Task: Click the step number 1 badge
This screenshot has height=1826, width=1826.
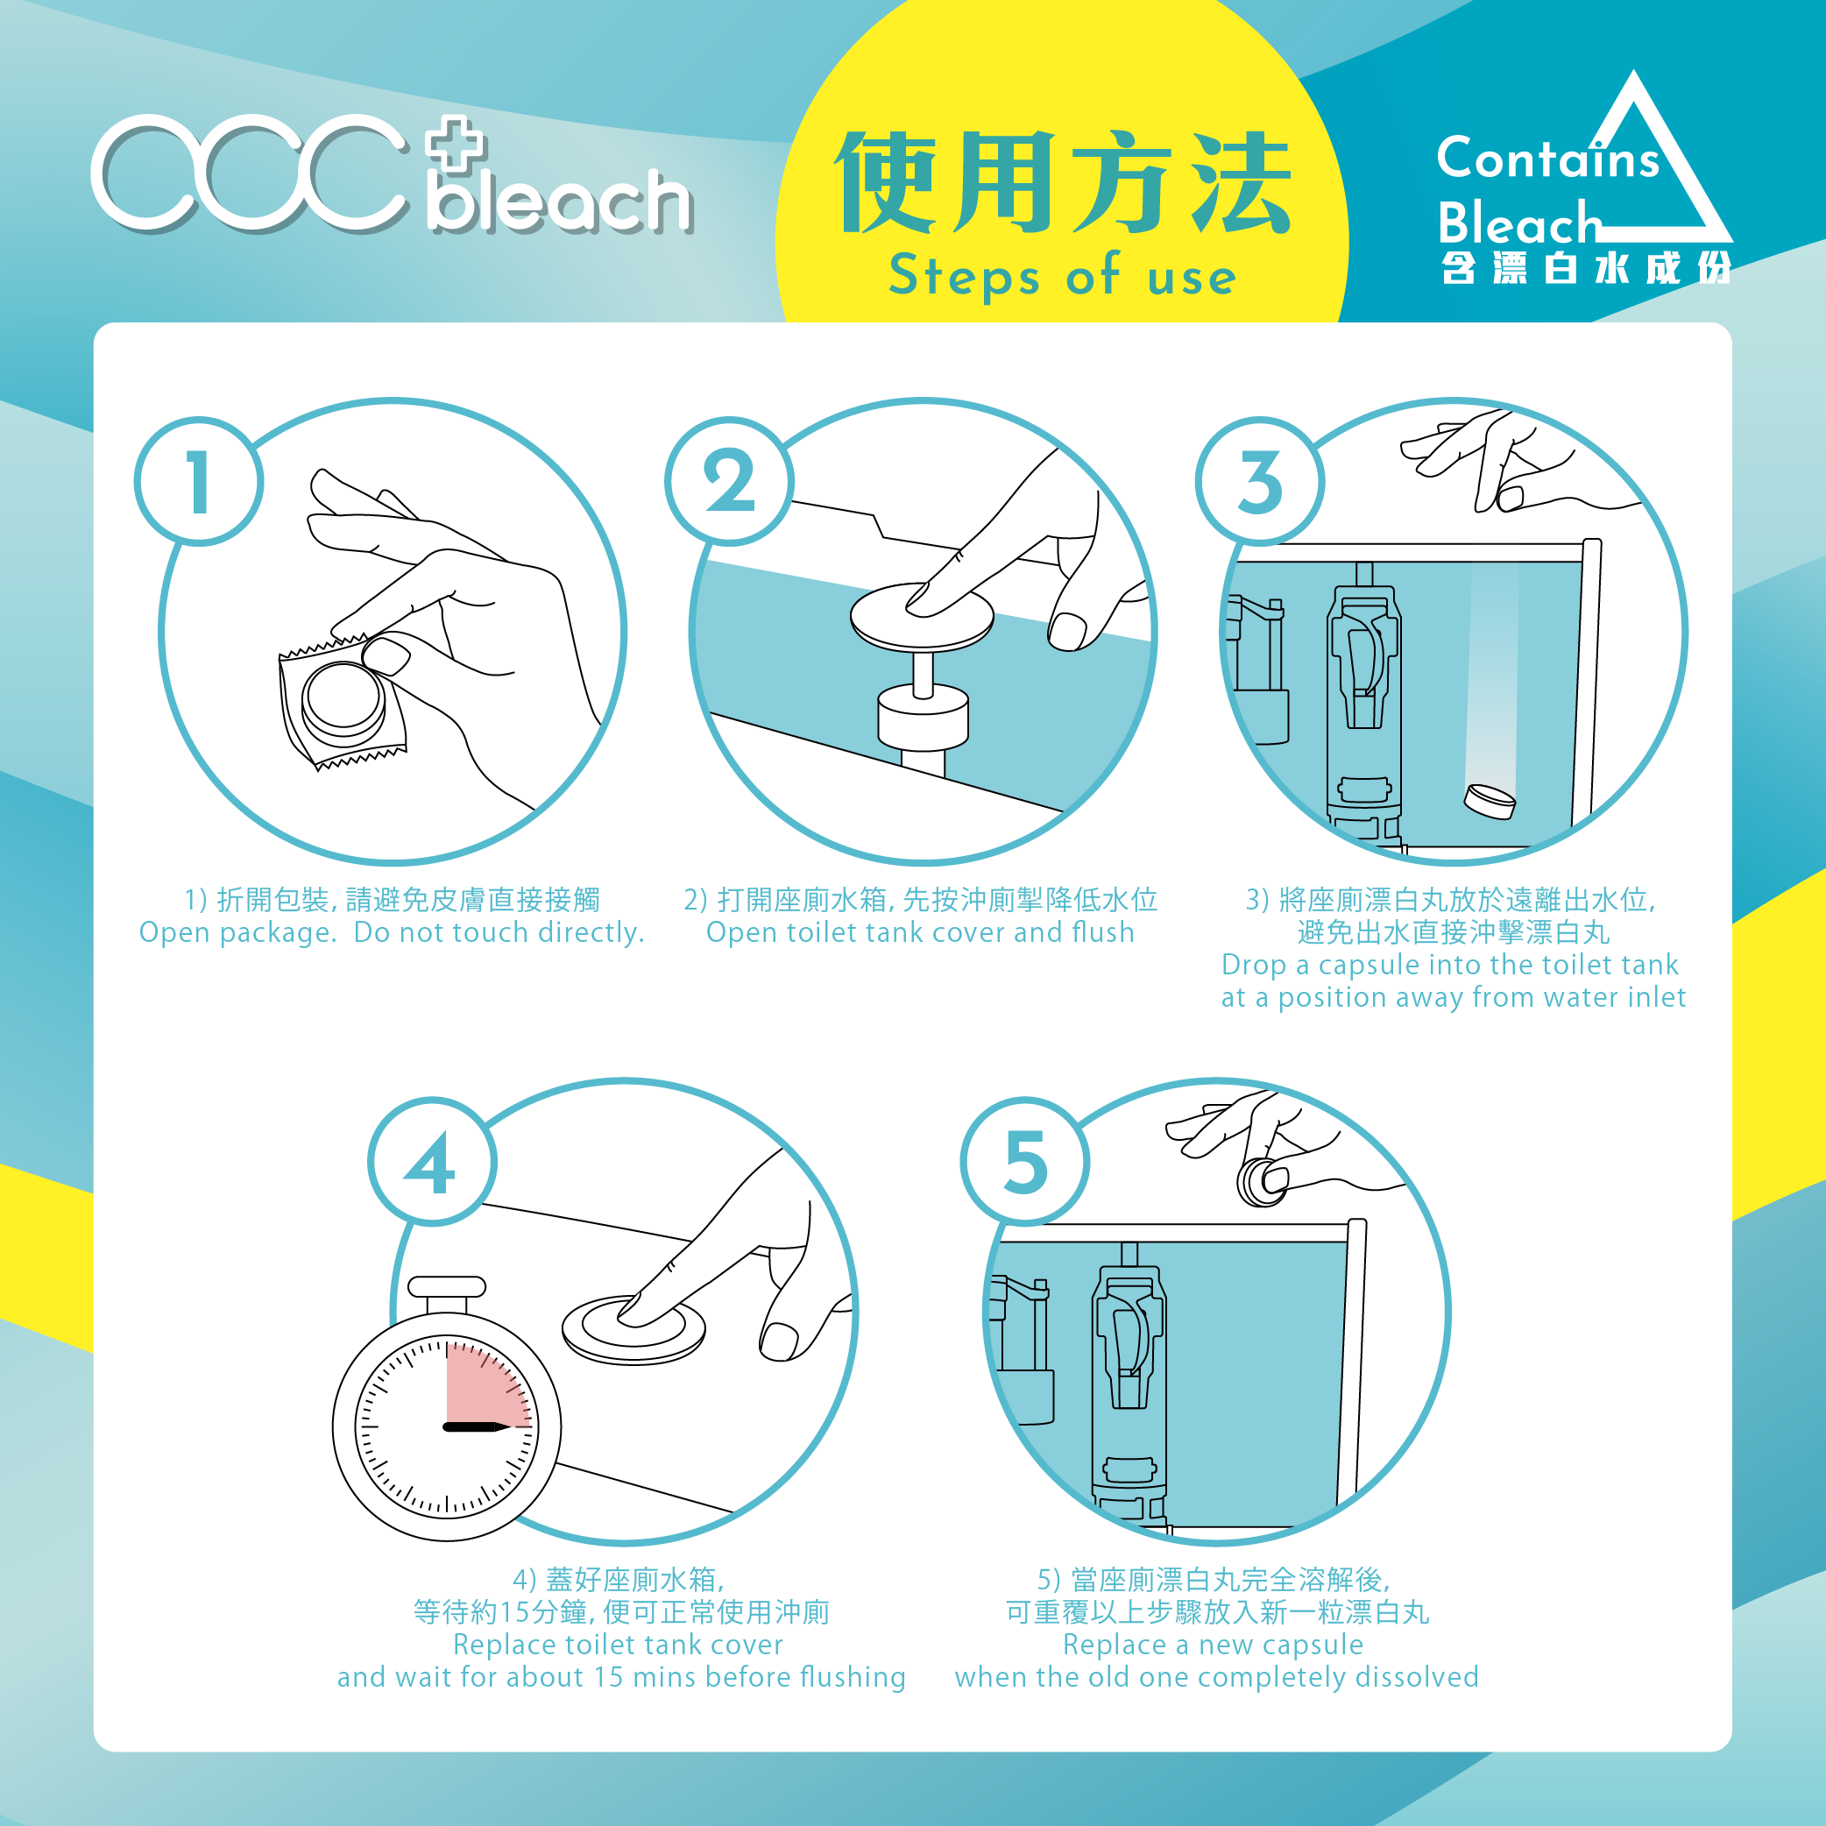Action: [199, 481]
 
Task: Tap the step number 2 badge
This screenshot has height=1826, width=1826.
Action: [729, 481]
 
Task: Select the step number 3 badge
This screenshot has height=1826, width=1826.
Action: [1260, 481]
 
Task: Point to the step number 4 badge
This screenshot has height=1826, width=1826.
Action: [431, 1162]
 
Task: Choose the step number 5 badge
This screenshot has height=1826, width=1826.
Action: [1024, 1162]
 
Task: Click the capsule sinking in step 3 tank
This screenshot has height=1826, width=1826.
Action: [1490, 802]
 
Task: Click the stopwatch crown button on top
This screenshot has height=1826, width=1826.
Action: [447, 1286]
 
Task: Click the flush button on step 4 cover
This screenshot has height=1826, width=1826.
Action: [633, 1328]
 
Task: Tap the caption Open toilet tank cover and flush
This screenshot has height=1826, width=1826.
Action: [920, 933]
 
